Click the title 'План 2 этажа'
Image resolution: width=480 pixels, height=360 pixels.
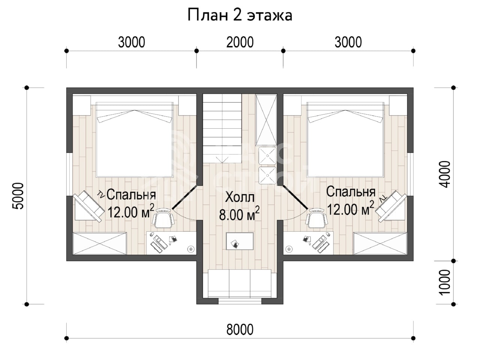pos(240,15)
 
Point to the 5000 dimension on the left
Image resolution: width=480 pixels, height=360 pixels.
pos(18,196)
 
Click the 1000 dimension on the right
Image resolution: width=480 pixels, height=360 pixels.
pos(445,282)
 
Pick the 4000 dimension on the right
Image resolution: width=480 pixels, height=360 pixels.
pos(445,174)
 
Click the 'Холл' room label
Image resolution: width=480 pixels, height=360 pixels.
pos(240,197)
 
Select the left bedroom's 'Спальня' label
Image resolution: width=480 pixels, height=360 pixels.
pos(131,195)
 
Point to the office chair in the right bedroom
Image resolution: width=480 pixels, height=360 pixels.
pos(317,218)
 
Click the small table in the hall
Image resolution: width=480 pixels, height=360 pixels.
pos(240,241)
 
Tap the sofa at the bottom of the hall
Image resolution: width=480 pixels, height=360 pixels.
pos(240,284)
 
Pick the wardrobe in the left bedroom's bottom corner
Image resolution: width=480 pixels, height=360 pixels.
pos(100,243)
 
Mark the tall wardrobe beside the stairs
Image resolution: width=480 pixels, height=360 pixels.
pos(266,120)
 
